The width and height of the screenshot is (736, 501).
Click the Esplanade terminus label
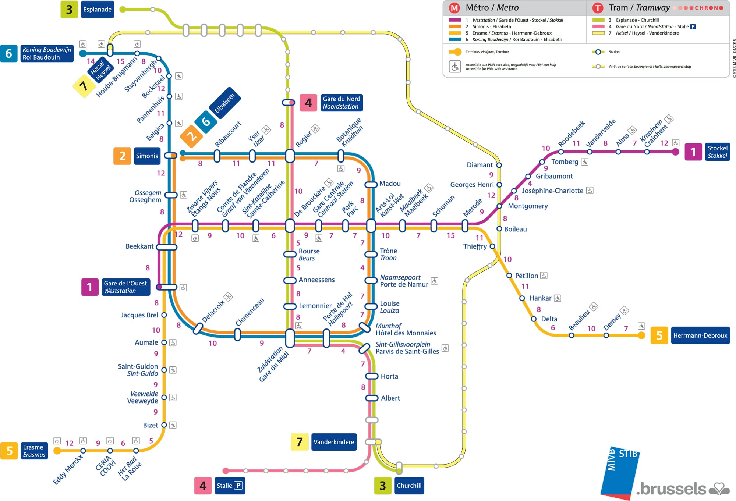click(x=97, y=10)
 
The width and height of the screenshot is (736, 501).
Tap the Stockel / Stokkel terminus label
click(x=717, y=152)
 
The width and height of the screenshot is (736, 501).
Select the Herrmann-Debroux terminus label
click(x=700, y=335)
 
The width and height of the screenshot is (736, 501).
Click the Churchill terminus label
click(x=409, y=486)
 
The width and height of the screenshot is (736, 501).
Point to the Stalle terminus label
click(x=229, y=486)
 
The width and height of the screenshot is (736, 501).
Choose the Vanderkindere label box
click(x=334, y=442)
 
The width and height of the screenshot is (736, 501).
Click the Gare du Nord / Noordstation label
click(x=341, y=103)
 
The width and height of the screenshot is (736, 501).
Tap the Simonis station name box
click(x=147, y=156)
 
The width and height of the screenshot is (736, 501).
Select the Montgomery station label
click(x=528, y=206)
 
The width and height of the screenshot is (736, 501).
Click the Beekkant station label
click(x=139, y=246)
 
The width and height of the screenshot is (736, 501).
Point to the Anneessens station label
click(x=316, y=280)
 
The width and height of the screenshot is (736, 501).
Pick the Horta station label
click(x=389, y=376)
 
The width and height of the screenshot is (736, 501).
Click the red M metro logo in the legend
click(x=454, y=8)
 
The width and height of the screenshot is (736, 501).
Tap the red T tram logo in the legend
click(x=598, y=8)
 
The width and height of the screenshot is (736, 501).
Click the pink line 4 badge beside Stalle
click(x=203, y=486)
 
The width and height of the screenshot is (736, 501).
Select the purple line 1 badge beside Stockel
click(x=693, y=152)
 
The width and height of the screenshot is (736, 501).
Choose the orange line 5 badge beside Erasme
click(x=10, y=451)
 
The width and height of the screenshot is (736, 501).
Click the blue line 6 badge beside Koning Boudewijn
click(x=9, y=54)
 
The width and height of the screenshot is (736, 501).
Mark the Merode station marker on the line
click(x=465, y=225)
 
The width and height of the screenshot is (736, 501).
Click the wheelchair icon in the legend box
click(x=455, y=67)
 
